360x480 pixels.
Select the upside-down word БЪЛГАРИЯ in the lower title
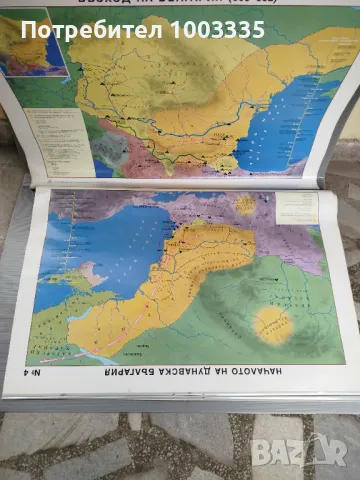pos(111,377)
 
